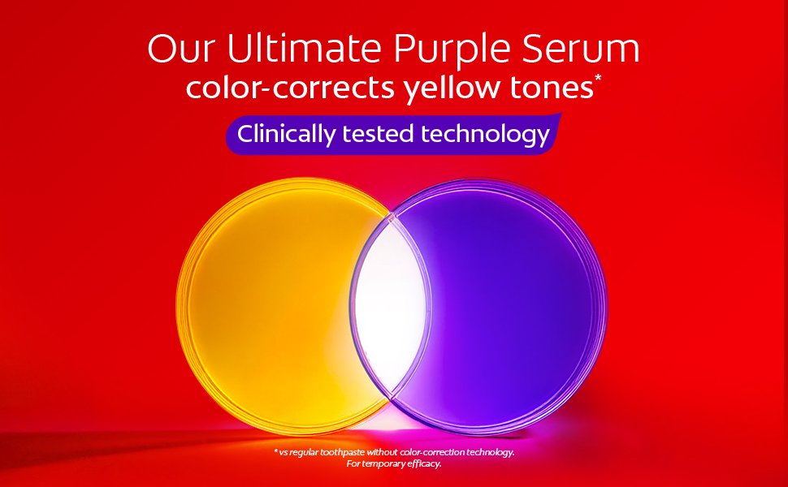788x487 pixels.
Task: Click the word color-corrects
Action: pyautogui.click(x=288, y=88)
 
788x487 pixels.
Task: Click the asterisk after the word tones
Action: pyautogui.click(x=598, y=79)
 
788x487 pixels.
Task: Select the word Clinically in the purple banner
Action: pyautogui.click(x=287, y=134)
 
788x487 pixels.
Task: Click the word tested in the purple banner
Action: pyautogui.click(x=381, y=134)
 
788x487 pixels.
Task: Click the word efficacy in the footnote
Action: pyautogui.click(x=426, y=464)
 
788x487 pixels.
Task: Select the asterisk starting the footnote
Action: pyautogui.click(x=275, y=450)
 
